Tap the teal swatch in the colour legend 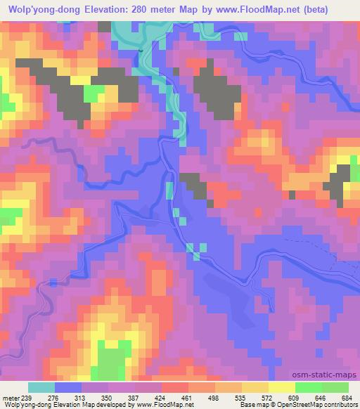pos(41,387)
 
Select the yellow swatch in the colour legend pos(282,387)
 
